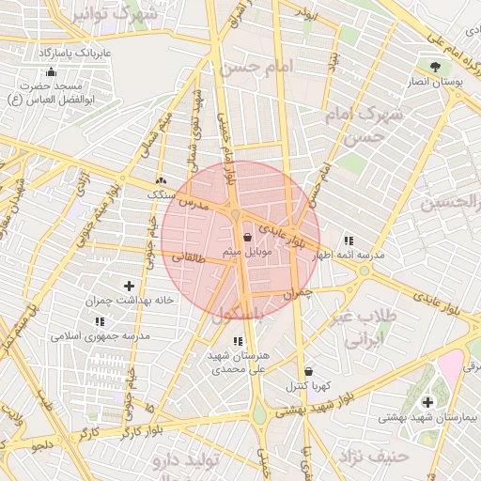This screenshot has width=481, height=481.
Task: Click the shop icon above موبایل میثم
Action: coord(247,237)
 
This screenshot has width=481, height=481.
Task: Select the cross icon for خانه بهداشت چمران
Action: coord(129,286)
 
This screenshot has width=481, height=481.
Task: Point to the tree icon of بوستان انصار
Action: coord(434,67)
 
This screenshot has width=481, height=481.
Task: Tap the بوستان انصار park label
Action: coord(434,83)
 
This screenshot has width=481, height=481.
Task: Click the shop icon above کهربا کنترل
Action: coord(308,371)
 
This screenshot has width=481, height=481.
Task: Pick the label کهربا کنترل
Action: coord(306,386)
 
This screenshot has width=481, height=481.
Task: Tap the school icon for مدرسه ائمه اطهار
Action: coord(349,240)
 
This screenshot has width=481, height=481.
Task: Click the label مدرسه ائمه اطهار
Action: coord(347,256)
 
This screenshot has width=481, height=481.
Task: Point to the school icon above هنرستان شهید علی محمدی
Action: coord(236,341)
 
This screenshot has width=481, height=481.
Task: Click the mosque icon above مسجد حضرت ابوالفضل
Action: coord(51,71)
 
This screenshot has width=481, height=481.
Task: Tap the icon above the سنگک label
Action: coord(161,180)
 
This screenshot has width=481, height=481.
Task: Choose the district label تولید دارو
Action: coord(187,460)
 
